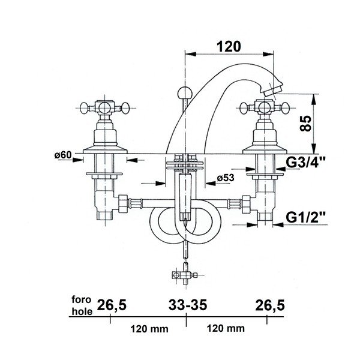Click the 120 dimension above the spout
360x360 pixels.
coord(229,46)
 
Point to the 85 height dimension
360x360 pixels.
coord(305,123)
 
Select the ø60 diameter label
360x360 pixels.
coord(63,155)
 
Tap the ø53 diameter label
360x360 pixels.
coord(225,178)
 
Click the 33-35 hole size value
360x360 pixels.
coord(188,305)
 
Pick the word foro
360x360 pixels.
coord(82,299)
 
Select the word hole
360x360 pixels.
coord(82,311)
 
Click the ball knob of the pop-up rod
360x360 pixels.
coord(184,92)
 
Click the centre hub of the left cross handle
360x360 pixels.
coord(105,107)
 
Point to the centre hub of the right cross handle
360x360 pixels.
coord(265,107)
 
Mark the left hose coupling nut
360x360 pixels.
coord(122,203)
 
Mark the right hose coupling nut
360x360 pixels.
coord(246,203)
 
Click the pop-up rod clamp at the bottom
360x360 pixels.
coord(184,274)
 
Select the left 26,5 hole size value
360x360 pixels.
coord(112,305)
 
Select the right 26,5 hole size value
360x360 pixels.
coord(270,305)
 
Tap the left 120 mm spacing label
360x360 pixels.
coord(149,329)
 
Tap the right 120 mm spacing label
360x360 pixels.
coord(226,328)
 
